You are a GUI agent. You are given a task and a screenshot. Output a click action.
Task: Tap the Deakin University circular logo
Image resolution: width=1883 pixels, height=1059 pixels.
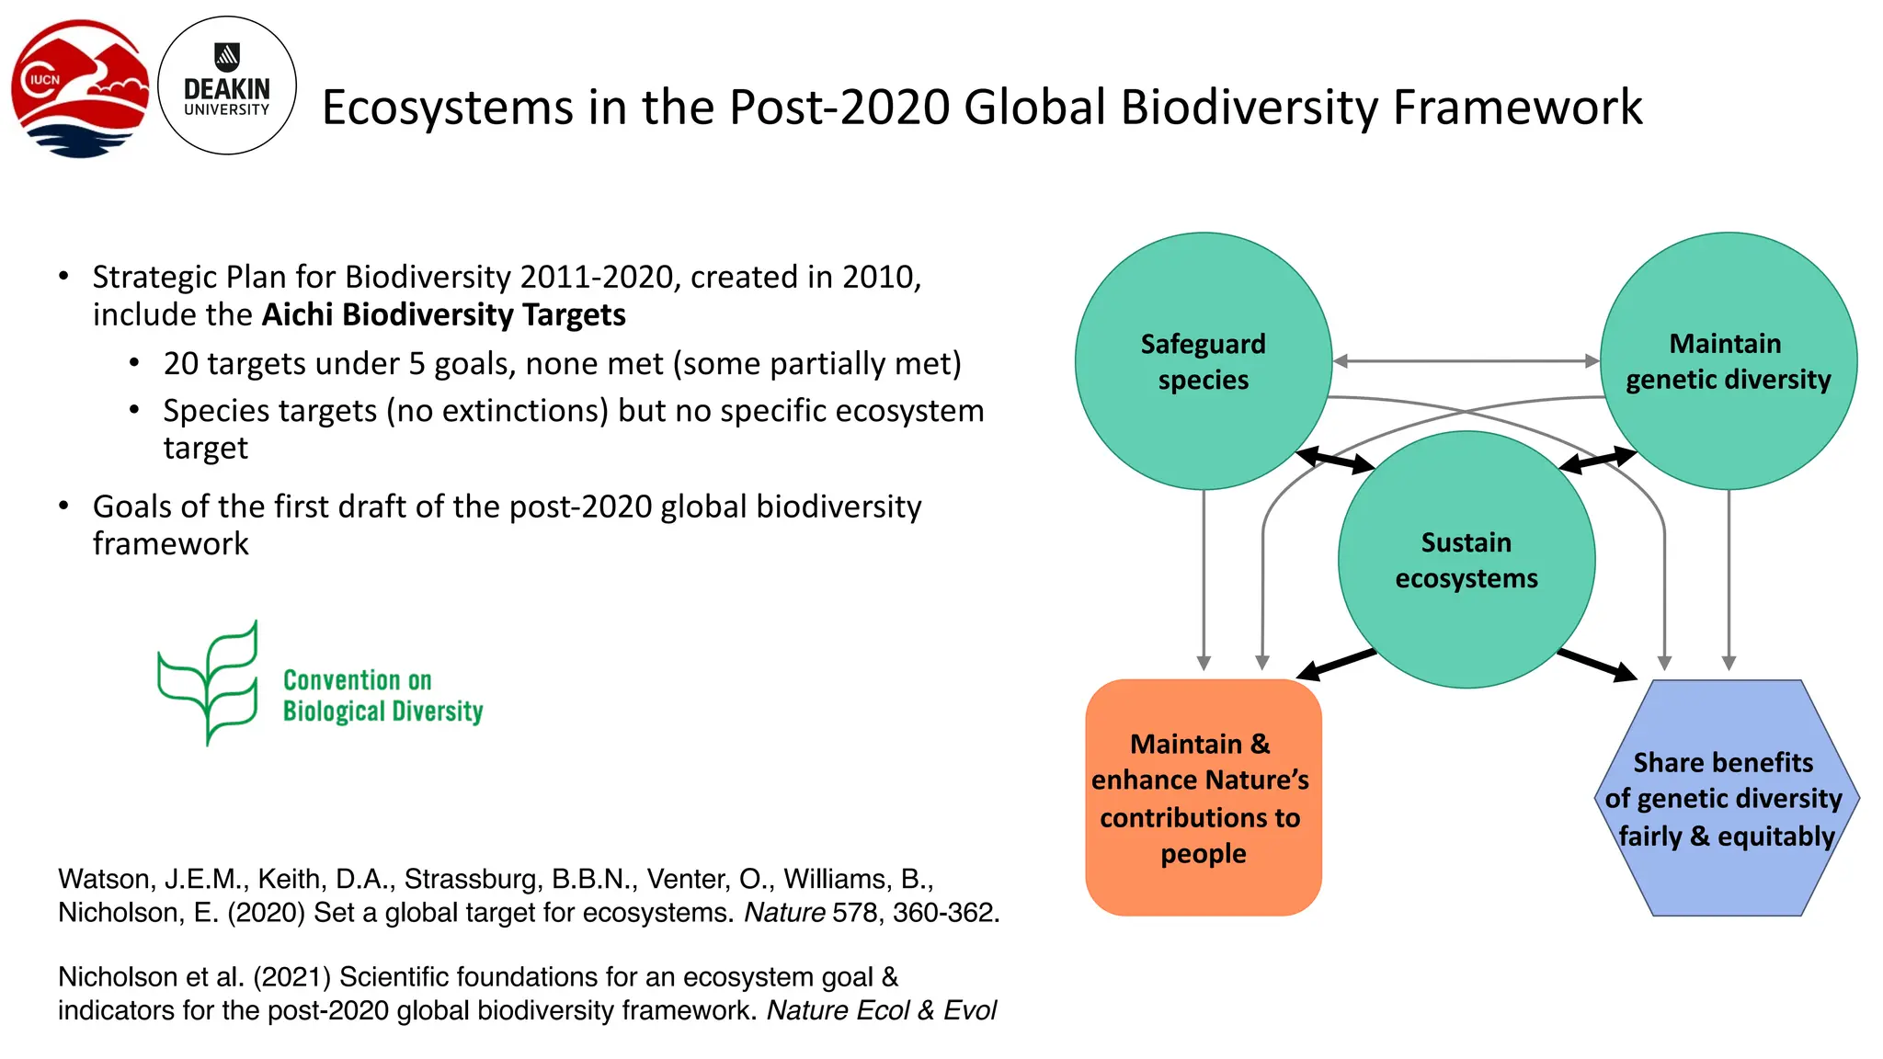point(227,85)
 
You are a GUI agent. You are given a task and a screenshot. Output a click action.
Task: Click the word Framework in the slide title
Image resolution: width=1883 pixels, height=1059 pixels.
point(1517,108)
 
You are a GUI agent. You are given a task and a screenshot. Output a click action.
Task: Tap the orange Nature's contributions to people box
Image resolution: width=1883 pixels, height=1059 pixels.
point(1203,797)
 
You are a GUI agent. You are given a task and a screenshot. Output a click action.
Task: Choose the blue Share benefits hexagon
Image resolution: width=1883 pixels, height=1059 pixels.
point(1726,798)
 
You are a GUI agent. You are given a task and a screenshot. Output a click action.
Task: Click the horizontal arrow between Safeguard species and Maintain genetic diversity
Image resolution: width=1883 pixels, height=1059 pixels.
point(1466,361)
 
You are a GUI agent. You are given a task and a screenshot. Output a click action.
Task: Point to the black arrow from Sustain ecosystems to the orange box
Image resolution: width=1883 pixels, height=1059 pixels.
point(1336,664)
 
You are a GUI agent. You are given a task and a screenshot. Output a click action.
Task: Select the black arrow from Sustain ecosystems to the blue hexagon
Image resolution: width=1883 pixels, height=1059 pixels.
point(1597,664)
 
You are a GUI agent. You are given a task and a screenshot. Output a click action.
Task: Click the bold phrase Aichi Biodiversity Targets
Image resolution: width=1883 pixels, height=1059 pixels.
point(443,315)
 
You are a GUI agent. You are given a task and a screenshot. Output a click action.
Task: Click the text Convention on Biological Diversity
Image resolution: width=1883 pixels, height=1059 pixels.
point(382,696)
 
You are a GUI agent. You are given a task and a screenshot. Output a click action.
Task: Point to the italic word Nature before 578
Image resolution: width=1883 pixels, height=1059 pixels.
point(784,913)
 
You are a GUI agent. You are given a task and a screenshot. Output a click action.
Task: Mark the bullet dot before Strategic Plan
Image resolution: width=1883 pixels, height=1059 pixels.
point(63,276)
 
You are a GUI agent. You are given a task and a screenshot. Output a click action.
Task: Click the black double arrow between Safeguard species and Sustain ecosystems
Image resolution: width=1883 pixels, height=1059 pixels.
point(1335,460)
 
